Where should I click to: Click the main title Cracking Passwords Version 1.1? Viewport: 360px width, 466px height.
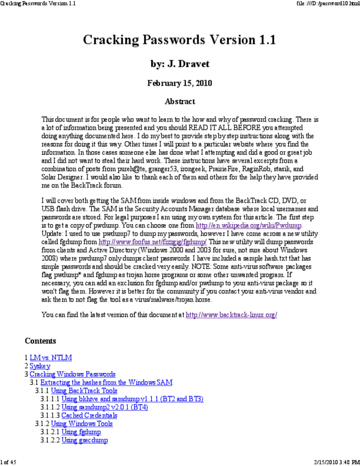[x=179, y=40]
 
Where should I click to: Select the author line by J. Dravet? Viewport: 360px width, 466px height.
[x=180, y=64]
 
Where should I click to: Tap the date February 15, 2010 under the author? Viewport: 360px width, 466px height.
[x=180, y=84]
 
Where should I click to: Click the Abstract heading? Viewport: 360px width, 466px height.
[x=180, y=101]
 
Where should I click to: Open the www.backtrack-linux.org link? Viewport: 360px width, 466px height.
[x=231, y=315]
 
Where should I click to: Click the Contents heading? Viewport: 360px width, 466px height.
[x=40, y=341]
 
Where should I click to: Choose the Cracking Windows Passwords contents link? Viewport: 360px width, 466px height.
[x=73, y=374]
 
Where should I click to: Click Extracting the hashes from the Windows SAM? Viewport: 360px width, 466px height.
[x=106, y=382]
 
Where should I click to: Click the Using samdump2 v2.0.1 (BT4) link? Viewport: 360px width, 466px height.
[x=104, y=407]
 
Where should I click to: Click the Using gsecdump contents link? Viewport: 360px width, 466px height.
[x=85, y=440]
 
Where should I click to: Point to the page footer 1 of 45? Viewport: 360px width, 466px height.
[x=9, y=462]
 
